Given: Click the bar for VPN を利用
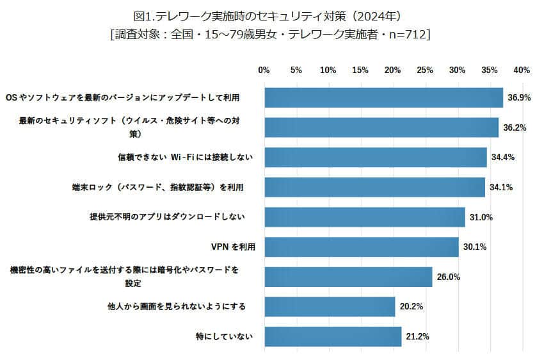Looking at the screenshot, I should click(362, 247).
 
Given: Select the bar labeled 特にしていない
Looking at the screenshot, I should click(333, 336).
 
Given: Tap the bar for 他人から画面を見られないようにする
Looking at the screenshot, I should click(330, 307).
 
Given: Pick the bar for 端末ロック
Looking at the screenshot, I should click(374, 187).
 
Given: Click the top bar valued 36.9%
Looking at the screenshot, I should click(383, 97).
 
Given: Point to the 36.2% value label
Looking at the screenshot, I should click(515, 127).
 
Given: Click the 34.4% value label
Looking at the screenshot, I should click(503, 158).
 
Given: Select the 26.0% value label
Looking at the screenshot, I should click(449, 277).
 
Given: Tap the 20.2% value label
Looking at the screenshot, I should click(411, 307).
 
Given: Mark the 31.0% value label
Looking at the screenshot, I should click(481, 218).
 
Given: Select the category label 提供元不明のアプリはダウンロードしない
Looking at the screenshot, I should click(167, 218).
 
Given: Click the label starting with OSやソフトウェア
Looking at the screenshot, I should click(122, 97).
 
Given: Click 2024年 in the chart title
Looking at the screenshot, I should click(381, 15).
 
